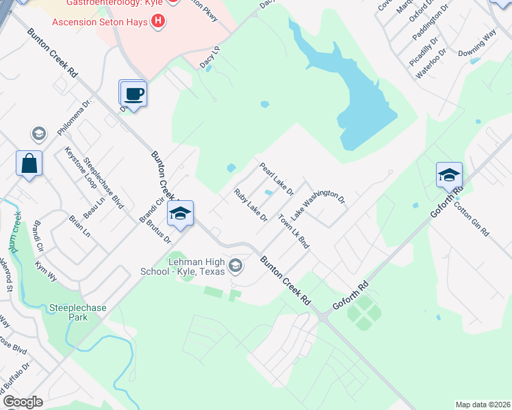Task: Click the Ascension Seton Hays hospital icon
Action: (x=159, y=20)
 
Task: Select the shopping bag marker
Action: (x=29, y=164)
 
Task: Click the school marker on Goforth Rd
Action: (x=449, y=176)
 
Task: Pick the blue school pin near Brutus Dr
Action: (x=180, y=214)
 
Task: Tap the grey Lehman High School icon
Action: (x=236, y=265)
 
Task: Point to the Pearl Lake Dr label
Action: (x=276, y=177)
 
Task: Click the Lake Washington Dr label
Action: (x=320, y=199)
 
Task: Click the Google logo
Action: (x=23, y=401)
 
